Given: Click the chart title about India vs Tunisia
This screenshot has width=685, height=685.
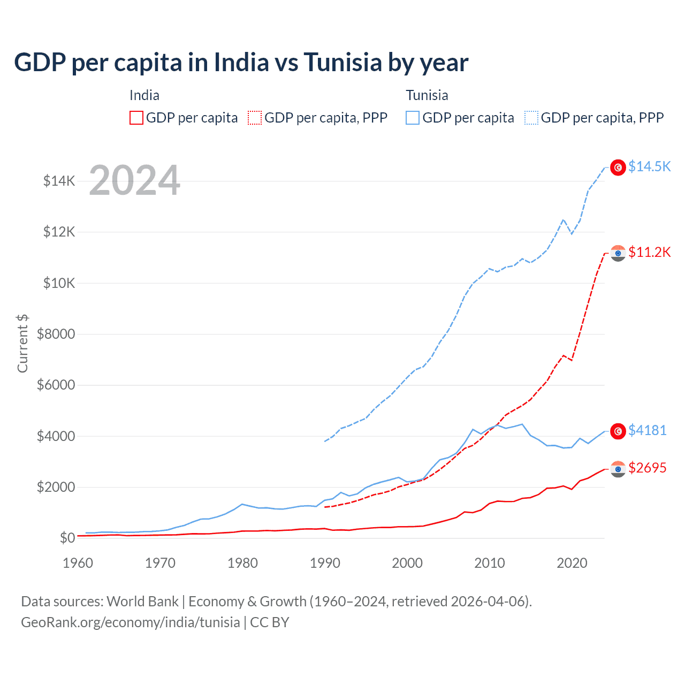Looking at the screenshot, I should coord(241,63).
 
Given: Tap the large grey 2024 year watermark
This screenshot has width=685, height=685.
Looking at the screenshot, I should coord(134,180).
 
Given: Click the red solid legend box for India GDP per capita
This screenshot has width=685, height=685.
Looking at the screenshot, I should coord(136,118).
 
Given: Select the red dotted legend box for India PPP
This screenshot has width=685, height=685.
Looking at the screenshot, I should coord(255,118).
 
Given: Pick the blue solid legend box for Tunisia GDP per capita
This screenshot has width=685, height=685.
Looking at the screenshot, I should coord(413,118).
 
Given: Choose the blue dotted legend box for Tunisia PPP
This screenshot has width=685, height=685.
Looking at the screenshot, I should coord(531,118).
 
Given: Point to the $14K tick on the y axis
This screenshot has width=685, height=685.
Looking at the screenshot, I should coord(59,181).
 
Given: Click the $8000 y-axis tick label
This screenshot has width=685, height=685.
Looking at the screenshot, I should coord(56,334).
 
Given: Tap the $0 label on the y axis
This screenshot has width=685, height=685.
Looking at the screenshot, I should coord(67,538).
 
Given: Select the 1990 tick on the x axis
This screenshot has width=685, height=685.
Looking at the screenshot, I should coord(325,563).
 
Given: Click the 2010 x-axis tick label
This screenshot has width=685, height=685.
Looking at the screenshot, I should coord(490,563).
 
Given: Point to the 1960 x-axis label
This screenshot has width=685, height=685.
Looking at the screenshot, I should coord(78,563).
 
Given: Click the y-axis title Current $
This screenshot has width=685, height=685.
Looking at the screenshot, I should coord(22,344).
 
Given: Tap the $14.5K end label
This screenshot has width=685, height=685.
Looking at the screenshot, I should coord(649,166).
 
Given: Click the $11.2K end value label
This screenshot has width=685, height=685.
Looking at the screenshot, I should coord(649,252).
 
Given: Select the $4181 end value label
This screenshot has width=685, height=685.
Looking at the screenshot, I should coord(647,430).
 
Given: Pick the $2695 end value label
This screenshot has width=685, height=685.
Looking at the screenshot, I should coord(647,468).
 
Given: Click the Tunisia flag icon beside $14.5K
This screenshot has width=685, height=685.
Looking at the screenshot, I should coord(618,168).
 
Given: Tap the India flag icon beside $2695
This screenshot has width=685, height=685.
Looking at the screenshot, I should coord(618,469).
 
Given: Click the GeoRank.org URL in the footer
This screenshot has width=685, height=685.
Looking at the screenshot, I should coord(131,622).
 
